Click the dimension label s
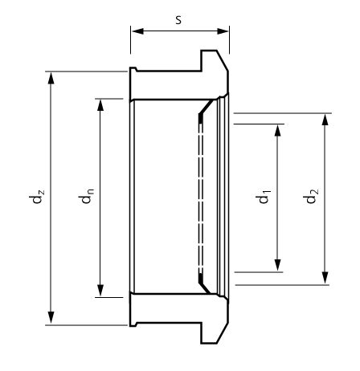(x=178, y=20)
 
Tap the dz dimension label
(x=36, y=197)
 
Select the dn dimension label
(x=86, y=196)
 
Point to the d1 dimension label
(x=263, y=197)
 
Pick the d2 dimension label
(x=311, y=196)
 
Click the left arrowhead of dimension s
(x=138, y=31)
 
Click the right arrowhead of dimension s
(x=223, y=31)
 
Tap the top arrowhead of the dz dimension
(x=51, y=78)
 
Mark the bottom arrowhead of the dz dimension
(x=51, y=318)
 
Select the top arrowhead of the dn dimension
(x=100, y=105)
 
